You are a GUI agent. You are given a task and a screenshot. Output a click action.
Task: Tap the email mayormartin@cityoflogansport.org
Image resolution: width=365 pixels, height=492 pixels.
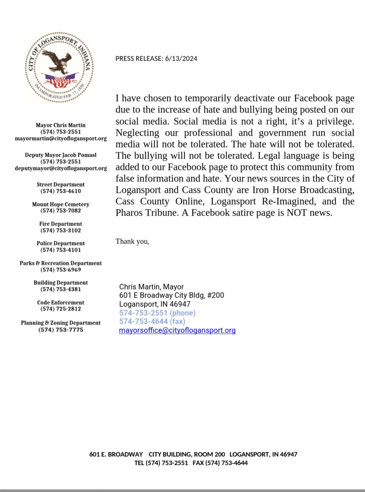61,138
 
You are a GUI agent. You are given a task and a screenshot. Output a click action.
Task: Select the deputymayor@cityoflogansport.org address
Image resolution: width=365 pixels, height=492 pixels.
61,168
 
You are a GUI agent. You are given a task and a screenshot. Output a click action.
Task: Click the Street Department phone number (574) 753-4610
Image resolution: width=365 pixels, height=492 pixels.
61,191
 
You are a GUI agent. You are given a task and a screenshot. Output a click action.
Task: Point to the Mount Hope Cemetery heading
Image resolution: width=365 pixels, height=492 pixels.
61,204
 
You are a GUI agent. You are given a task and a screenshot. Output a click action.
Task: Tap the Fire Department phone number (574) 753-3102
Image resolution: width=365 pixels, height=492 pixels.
61,230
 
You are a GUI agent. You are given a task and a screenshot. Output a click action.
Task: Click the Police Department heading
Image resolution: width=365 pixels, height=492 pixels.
61,243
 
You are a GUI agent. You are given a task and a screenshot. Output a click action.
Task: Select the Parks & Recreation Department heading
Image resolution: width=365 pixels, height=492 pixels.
61,263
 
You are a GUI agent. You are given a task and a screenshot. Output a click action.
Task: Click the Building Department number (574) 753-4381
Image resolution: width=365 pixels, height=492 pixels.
61,289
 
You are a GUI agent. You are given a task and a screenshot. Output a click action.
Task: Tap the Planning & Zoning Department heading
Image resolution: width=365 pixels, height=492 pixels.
61,323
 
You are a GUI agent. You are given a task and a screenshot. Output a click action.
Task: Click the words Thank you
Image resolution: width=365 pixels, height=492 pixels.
132,241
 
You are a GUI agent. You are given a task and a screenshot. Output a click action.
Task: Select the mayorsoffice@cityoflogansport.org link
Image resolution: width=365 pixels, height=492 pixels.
177,330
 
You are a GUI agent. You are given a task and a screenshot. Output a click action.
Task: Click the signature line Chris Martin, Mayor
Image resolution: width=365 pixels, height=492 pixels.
151,287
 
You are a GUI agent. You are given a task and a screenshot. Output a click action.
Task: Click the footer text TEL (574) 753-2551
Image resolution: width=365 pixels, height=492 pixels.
161,463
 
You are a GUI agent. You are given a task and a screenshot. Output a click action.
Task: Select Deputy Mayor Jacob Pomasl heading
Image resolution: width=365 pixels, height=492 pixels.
61,155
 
